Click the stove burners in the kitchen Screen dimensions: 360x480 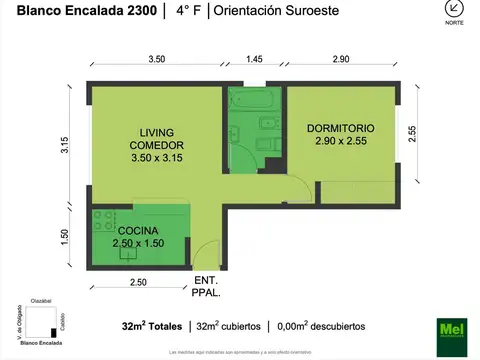(x=103, y=218)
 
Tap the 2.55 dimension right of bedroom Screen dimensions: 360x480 (x=411, y=132)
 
